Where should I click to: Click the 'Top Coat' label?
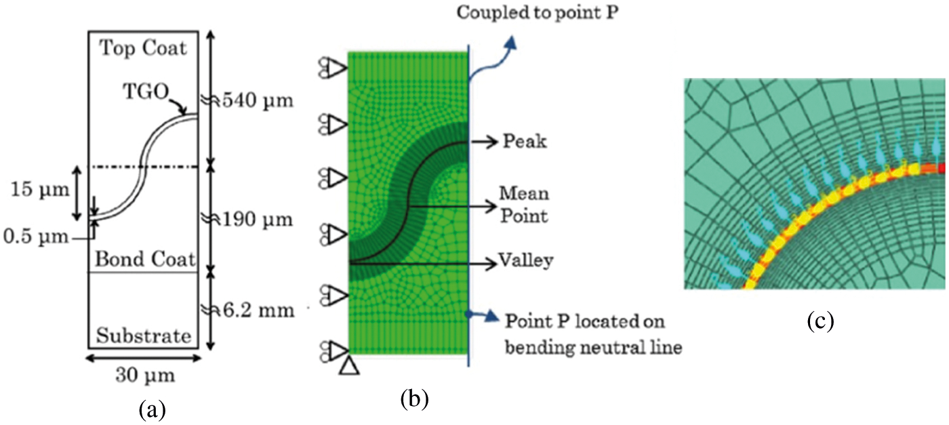142,48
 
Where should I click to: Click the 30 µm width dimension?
142,374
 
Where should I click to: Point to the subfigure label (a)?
151,409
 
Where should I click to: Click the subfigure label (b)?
416,400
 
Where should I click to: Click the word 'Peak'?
521,143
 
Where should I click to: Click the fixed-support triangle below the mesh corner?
348,367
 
